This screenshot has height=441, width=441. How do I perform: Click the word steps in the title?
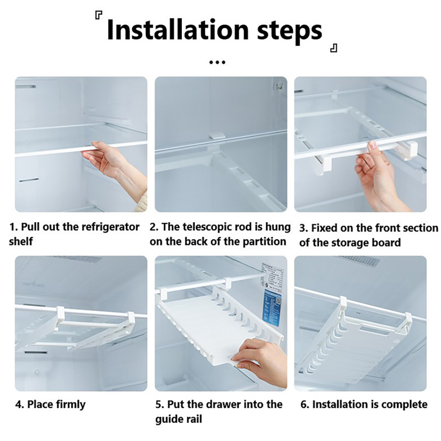click(290, 31)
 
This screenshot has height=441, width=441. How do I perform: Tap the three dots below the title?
click(217, 62)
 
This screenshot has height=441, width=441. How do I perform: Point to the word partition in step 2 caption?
click(264, 241)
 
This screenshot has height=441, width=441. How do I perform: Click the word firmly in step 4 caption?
click(71, 405)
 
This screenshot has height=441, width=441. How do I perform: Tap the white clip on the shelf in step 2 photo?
click(217, 135)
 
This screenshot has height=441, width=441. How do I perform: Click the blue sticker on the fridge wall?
click(273, 308)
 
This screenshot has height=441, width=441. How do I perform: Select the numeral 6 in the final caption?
click(303, 405)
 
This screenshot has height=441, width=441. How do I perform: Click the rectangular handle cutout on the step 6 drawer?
click(374, 329)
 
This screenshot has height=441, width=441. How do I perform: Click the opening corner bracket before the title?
click(99, 15)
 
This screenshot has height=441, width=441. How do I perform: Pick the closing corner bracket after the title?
click(334, 48)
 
